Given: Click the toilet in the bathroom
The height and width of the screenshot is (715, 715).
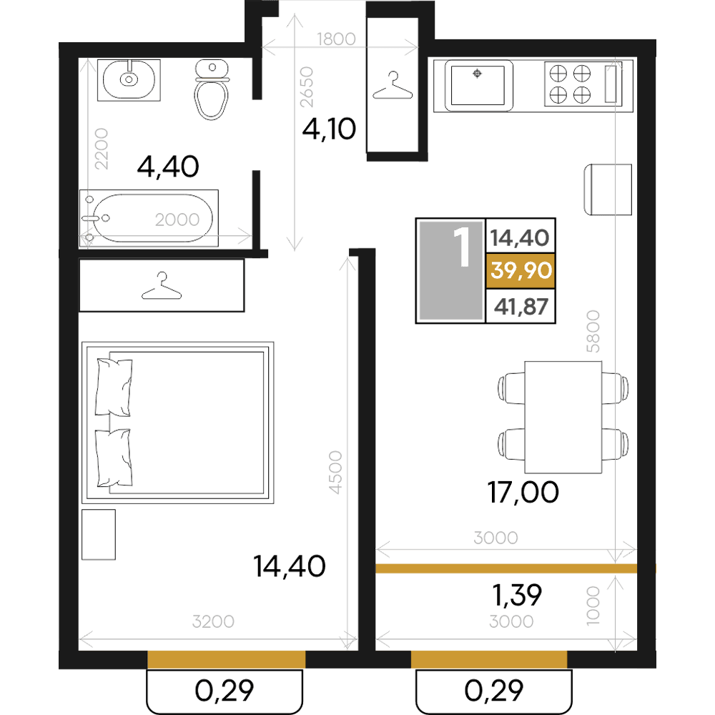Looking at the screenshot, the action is (x=212, y=89).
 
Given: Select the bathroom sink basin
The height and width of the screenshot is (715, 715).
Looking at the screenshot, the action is (x=129, y=80).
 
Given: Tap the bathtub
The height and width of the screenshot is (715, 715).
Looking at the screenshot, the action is (x=149, y=218).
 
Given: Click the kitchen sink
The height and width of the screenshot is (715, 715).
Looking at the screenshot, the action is (x=478, y=86).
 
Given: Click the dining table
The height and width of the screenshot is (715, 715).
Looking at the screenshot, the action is (x=563, y=418).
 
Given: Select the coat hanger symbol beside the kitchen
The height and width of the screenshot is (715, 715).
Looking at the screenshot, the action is (x=393, y=86).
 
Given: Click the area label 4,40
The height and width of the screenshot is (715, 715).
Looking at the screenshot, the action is (x=168, y=167).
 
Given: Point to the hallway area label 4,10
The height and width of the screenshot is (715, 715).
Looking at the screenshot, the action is (x=329, y=129).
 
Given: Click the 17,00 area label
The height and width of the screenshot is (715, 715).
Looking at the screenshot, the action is (x=523, y=493).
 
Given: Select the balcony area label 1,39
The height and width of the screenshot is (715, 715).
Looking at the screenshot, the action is (x=517, y=595).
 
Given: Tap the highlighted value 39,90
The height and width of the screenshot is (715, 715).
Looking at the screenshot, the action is (x=521, y=270).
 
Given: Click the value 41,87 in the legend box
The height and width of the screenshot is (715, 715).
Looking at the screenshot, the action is (x=521, y=307).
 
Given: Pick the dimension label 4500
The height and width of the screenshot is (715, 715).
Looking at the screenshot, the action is (x=335, y=472).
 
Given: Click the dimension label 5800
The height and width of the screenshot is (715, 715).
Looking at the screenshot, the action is (x=593, y=331).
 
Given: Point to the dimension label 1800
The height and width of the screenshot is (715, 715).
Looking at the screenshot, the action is (x=337, y=39).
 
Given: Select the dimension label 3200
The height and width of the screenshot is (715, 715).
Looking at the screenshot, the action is (x=213, y=621).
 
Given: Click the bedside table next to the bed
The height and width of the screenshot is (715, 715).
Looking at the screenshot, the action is (x=99, y=534).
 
